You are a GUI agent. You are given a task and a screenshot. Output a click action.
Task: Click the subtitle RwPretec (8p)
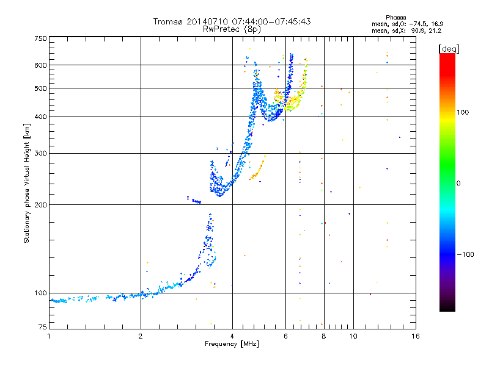pyautogui.click(x=232, y=29)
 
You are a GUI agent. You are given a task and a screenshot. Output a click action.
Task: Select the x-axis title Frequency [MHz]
pyautogui.click(x=232, y=344)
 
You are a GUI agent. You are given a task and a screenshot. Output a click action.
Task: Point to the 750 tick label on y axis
pyautogui.click(x=40, y=38)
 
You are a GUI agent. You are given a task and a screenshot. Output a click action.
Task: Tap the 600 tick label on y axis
pyautogui.click(x=40, y=65)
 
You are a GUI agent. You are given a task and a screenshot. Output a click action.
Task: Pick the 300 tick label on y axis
pyautogui.click(x=40, y=154)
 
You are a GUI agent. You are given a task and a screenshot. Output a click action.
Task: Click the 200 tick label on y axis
pyautogui.click(x=40, y=205)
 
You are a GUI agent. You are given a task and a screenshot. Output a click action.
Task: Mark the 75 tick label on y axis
pyautogui.click(x=43, y=327)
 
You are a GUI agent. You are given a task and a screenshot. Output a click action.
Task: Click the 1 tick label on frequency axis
pyautogui.click(x=49, y=336)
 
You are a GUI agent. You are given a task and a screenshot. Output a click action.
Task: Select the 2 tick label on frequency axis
pyautogui.click(x=141, y=336)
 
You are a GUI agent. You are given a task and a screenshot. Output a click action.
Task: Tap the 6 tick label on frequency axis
pyautogui.click(x=285, y=336)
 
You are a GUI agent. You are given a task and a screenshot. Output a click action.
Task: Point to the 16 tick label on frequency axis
pyautogui.click(x=416, y=336)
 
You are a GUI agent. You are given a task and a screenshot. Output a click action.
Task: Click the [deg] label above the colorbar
pyautogui.click(x=449, y=49)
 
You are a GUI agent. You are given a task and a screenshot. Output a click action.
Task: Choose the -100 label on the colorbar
pyautogui.click(x=465, y=254)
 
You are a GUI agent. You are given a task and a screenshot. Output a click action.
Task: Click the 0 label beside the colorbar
pyautogui.click(x=458, y=184)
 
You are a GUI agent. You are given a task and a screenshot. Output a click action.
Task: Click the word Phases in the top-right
pyautogui.click(x=395, y=18)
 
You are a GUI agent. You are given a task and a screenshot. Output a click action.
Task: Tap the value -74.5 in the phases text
pyautogui.click(x=417, y=24)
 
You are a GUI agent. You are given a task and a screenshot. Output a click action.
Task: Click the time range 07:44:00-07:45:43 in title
pyautogui.click(x=271, y=21)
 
